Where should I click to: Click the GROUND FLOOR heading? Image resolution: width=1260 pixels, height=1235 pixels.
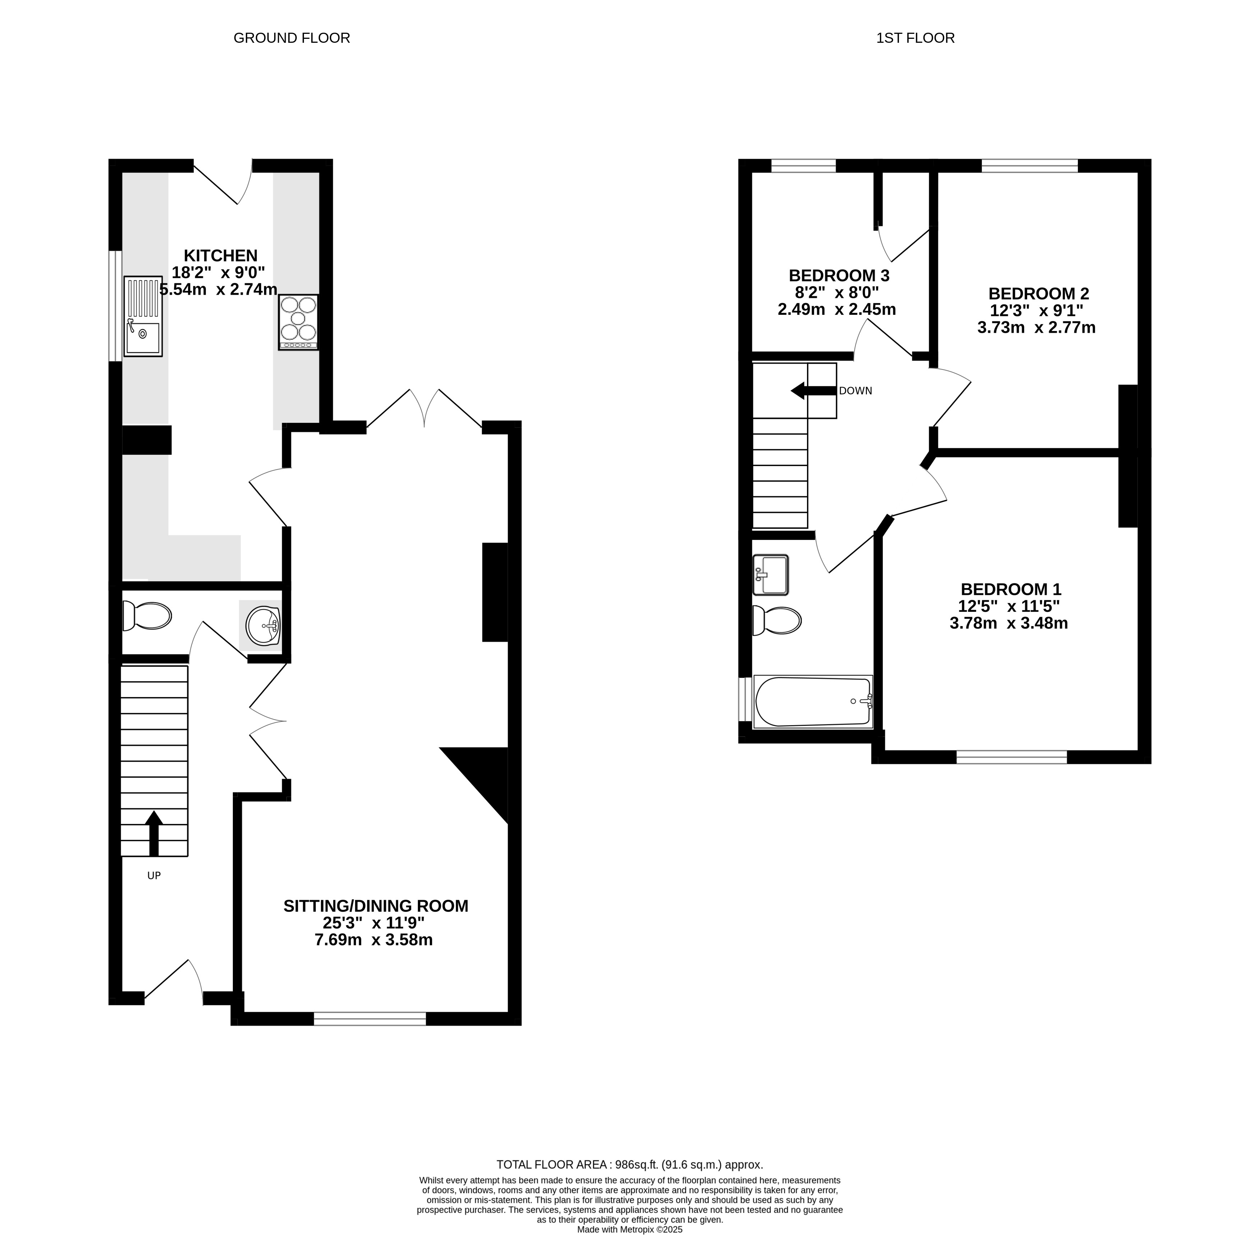click(x=292, y=38)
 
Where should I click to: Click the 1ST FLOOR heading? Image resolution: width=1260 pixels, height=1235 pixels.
click(x=915, y=38)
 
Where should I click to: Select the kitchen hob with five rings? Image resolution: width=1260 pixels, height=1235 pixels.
click(x=298, y=322)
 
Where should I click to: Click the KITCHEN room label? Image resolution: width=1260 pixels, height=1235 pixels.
click(x=221, y=256)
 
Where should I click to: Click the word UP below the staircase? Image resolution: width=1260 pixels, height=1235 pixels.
click(x=154, y=876)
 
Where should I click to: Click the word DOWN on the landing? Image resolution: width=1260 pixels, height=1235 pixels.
click(x=855, y=391)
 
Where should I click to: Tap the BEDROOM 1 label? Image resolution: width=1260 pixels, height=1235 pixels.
click(x=1010, y=589)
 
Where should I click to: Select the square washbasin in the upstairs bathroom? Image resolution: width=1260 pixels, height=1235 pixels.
click(x=770, y=575)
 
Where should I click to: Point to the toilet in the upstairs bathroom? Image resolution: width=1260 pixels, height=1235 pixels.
click(x=777, y=621)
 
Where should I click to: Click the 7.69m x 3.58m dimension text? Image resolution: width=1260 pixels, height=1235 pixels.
click(x=374, y=940)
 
